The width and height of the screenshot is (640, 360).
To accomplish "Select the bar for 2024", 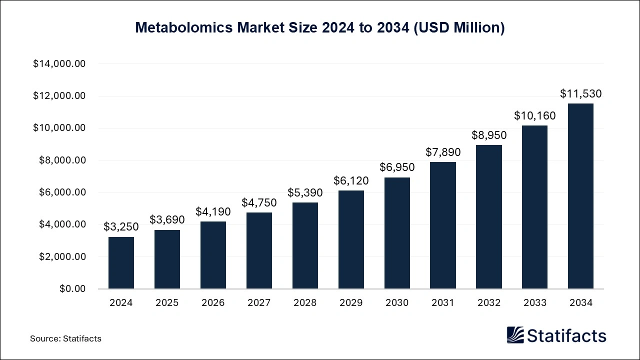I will click(x=121, y=262).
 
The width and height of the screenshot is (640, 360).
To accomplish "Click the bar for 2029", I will click(x=351, y=239).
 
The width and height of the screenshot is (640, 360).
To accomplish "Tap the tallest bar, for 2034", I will click(x=580, y=196).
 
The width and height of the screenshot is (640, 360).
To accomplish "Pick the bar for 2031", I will click(x=443, y=225).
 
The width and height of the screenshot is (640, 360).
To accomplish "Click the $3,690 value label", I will click(x=167, y=219).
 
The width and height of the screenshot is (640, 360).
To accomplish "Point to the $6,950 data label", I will click(x=397, y=167).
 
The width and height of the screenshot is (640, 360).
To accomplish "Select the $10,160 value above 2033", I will click(x=534, y=115).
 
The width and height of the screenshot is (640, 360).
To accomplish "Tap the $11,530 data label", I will click(x=580, y=93).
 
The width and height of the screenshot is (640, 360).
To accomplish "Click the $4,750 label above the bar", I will click(x=259, y=202).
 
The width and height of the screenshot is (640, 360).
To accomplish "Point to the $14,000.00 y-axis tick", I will click(x=59, y=64).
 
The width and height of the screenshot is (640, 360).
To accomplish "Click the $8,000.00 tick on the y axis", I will click(x=59, y=160).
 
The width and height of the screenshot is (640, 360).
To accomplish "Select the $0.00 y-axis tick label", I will click(x=72, y=289).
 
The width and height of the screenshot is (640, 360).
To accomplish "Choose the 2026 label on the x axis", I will click(x=213, y=302).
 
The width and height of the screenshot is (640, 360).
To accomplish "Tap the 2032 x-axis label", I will click(x=488, y=302).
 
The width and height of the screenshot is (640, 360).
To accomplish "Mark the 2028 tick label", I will click(x=305, y=302).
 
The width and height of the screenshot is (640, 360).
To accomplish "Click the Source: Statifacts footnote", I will click(x=65, y=338).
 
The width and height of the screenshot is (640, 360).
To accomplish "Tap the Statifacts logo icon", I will click(x=515, y=335).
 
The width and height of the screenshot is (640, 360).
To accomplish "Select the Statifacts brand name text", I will click(x=566, y=335).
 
